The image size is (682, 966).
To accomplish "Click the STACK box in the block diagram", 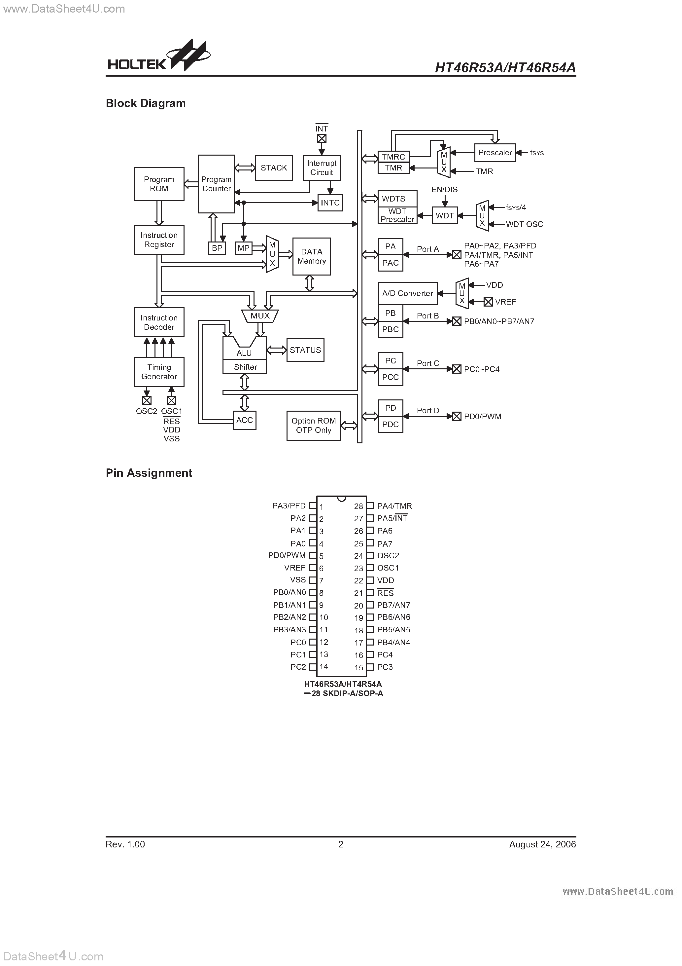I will tap(274, 167).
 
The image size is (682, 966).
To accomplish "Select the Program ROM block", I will tap(159, 184).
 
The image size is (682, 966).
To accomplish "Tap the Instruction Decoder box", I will tap(159, 322).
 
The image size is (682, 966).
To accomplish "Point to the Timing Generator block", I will tap(159, 372).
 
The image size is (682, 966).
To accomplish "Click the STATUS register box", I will tap(305, 350).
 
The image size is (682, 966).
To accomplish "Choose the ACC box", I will tap(244, 420).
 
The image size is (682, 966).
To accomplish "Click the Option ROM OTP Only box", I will tap(313, 426).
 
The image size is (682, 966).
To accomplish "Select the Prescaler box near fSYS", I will tap(495, 153).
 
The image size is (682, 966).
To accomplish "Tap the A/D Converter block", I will tap(407, 293).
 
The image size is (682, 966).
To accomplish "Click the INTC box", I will tap(330, 203).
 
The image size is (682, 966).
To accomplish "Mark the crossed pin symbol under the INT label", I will tap(322, 138).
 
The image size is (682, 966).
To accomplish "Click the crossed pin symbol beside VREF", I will tap(488, 302).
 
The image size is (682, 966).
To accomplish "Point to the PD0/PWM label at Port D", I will tap(482, 417).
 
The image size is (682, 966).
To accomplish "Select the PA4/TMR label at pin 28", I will tap(394, 506).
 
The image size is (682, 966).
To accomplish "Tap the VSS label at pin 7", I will tap(298, 580).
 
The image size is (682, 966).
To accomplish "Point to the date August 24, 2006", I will tap(542, 844).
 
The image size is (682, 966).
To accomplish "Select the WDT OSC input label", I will tap(524, 224).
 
